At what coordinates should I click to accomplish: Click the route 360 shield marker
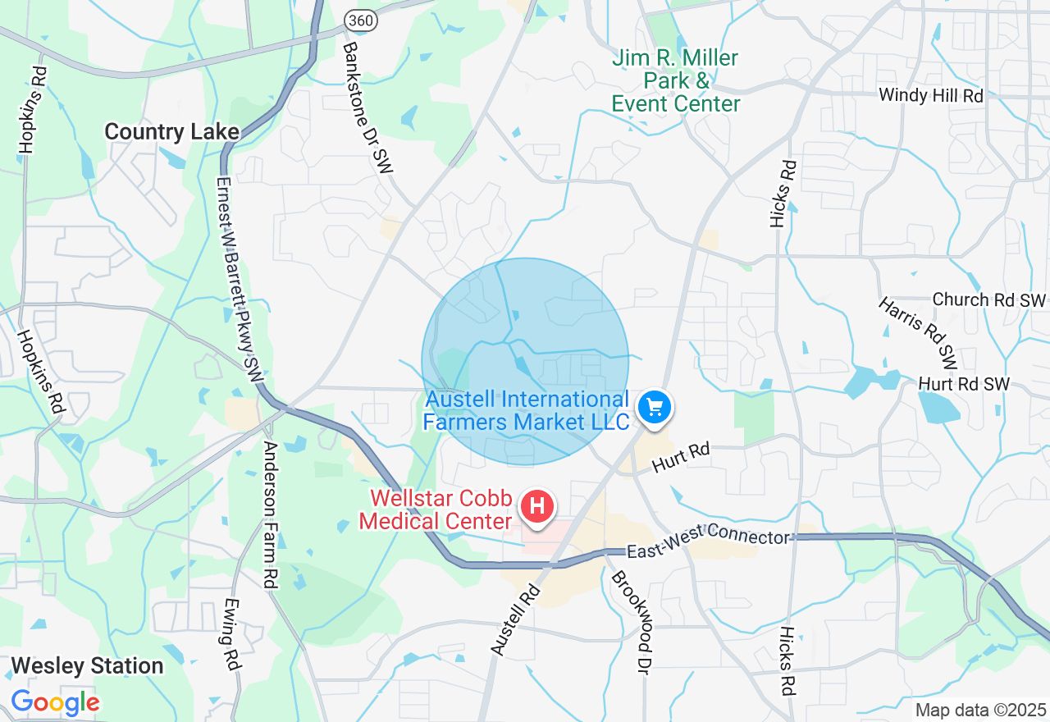click(361, 21)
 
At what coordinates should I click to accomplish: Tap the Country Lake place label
click(172, 132)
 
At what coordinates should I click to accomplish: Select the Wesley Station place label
click(88, 665)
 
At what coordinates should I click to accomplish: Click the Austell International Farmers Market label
click(526, 411)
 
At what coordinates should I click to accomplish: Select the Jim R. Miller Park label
click(676, 81)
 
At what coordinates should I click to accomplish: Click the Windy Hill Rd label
click(930, 95)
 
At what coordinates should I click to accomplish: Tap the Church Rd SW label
click(989, 299)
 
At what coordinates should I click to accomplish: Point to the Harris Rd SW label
click(918, 332)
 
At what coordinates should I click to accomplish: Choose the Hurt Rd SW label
click(964, 384)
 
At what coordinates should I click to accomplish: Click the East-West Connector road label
click(708, 543)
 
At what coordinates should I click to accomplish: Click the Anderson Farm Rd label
click(270, 514)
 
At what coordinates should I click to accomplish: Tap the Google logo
click(55, 703)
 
